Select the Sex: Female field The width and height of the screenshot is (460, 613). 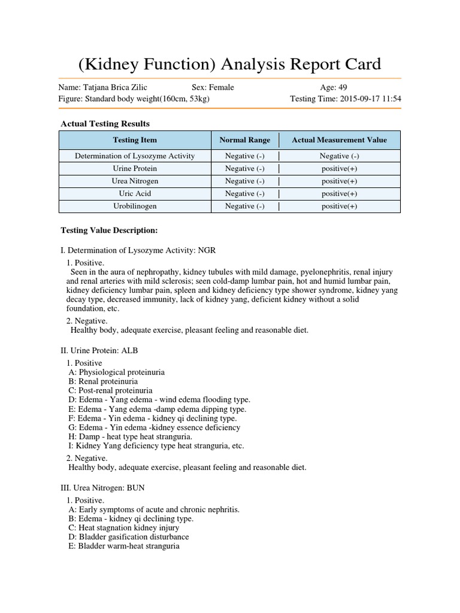[x=213, y=87]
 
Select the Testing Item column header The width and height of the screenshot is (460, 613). [x=135, y=140]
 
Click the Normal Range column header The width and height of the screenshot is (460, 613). [x=244, y=140]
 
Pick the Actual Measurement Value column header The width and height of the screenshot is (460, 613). [x=339, y=140]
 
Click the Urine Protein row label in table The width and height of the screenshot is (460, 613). [x=135, y=168]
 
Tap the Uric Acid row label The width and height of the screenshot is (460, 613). [x=135, y=193]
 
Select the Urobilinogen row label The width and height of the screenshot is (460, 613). [x=135, y=206]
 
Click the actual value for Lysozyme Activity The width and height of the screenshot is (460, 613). [x=339, y=156]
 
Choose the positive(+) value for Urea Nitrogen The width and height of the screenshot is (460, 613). [x=339, y=181]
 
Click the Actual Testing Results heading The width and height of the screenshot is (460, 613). [x=105, y=124]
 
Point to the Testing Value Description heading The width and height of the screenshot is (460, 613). [x=109, y=230]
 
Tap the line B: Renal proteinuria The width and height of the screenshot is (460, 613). [x=103, y=381]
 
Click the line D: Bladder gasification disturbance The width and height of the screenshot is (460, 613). [x=129, y=537]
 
